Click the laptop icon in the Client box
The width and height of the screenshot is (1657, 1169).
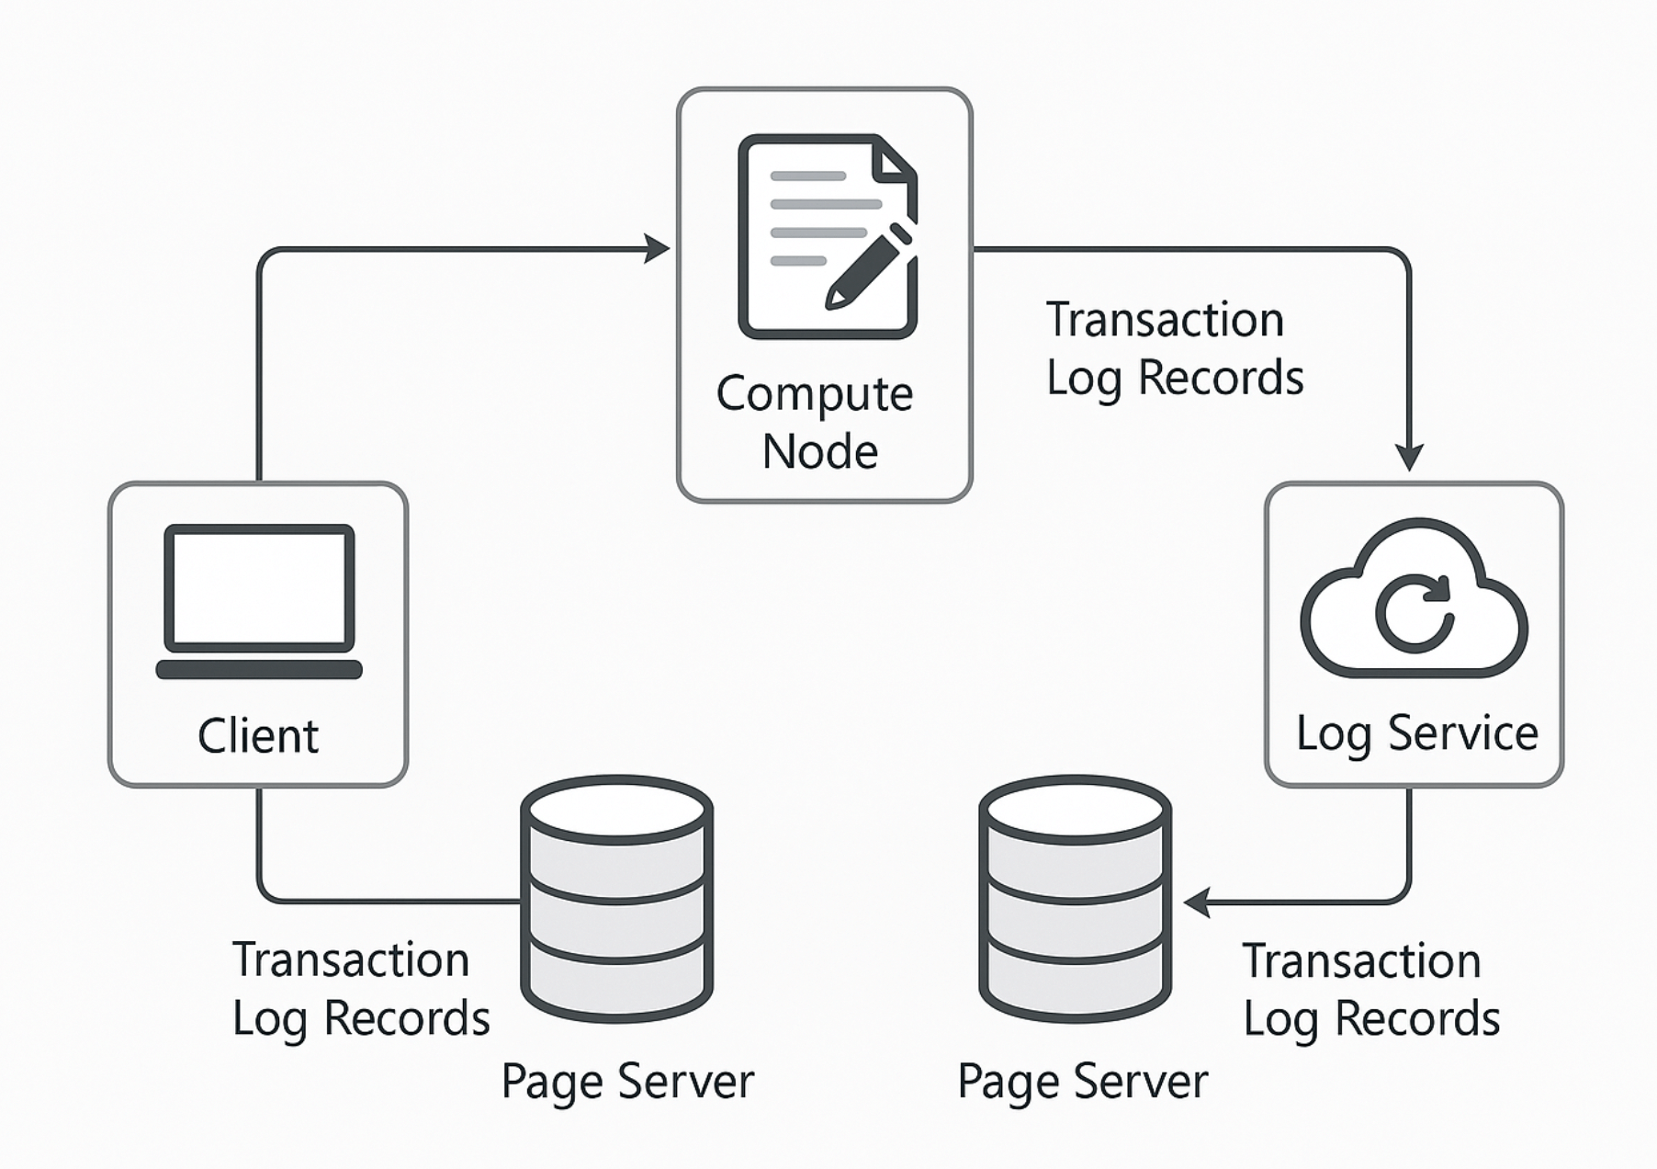pos(259,597)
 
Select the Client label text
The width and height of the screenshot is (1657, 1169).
pos(258,737)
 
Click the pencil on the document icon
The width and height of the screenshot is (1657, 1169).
pos(868,267)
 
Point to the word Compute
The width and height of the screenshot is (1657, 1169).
pos(814,395)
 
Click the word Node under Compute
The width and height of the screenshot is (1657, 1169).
pos(819,452)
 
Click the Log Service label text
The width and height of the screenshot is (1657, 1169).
pos(1416,734)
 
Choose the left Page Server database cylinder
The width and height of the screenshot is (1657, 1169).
pos(616,899)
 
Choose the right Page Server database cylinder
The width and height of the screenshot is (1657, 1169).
pos(1075,899)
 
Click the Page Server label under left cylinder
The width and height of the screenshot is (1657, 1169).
pos(627,1082)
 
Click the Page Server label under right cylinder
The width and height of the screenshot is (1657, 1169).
pos(1082,1082)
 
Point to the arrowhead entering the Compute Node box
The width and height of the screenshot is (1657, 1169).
pos(658,248)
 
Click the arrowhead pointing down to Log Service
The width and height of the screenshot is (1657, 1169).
pos(1409,457)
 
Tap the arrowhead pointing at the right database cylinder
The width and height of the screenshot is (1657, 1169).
pos(1197,902)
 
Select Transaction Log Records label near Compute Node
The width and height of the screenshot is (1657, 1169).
pos(1174,349)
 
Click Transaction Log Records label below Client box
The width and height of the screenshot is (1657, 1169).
pos(360,989)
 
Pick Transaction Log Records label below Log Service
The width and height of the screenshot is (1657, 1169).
pos(1370,990)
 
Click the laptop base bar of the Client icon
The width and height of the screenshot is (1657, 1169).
pos(259,669)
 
